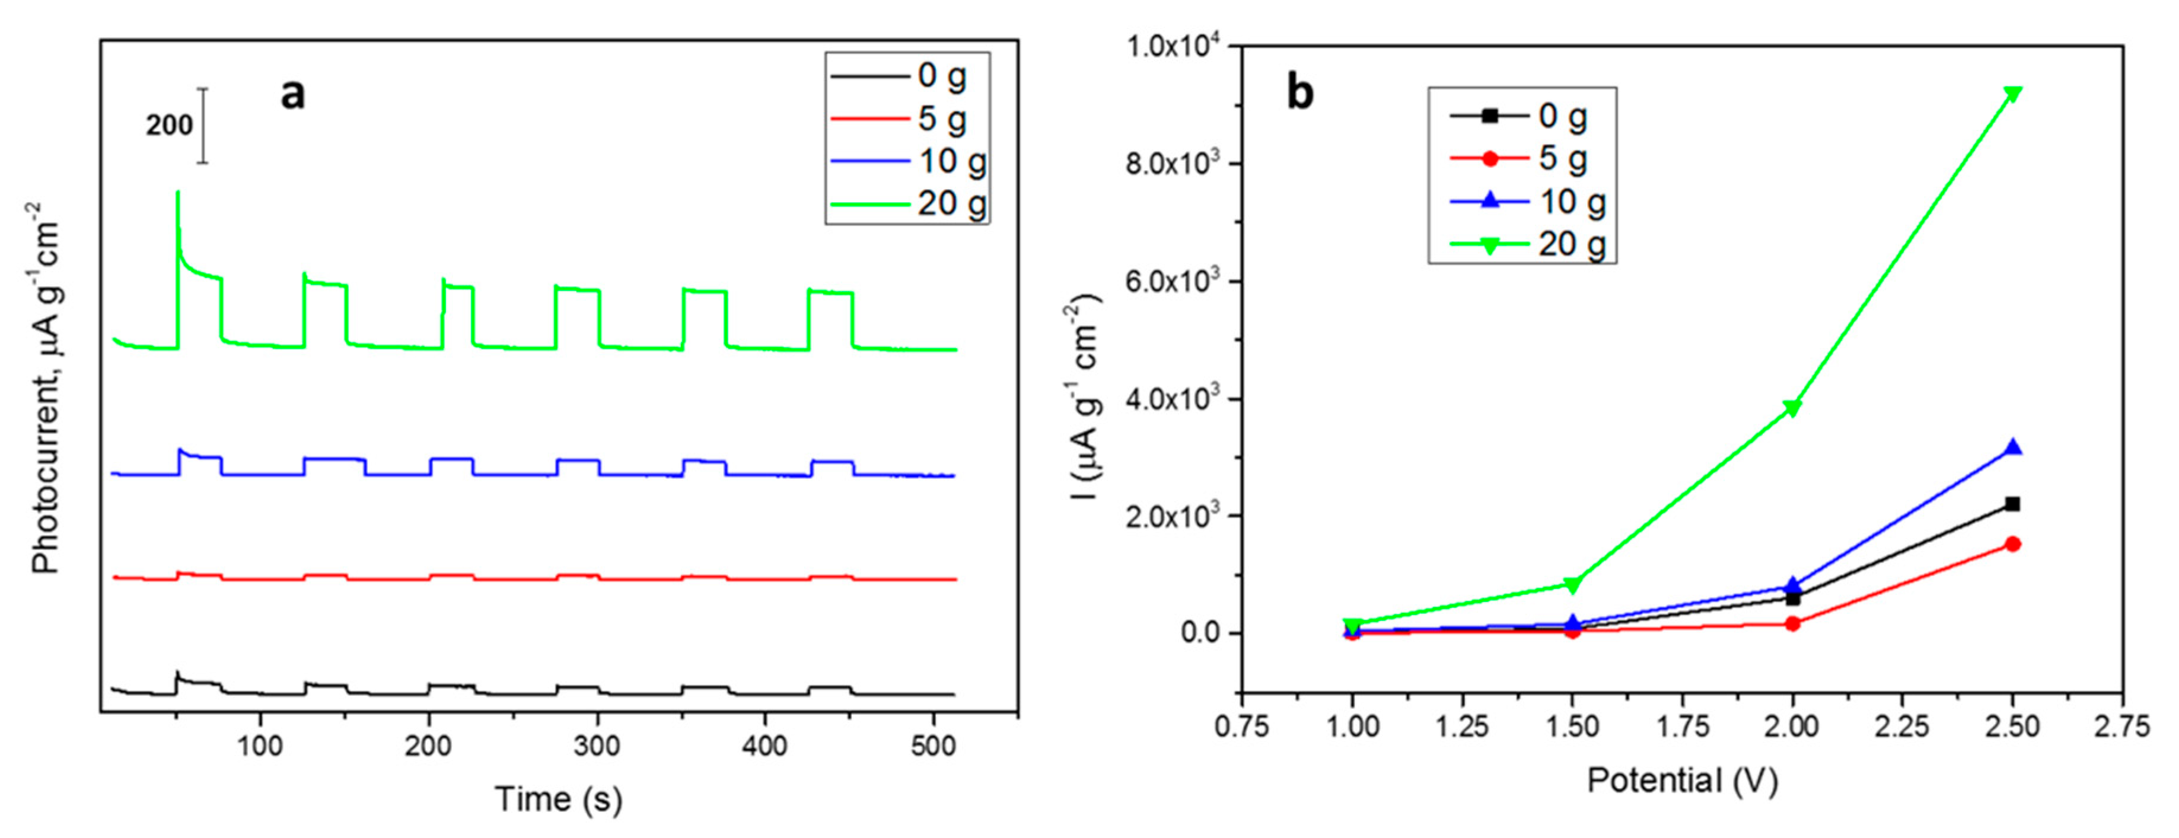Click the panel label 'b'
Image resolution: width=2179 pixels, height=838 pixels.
[x=1300, y=92]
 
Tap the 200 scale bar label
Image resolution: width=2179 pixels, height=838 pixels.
[x=169, y=125]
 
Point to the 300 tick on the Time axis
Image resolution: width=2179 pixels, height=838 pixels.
[x=597, y=746]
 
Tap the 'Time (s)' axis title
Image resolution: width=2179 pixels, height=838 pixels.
[x=558, y=798]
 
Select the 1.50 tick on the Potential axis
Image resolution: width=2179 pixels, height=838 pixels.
[x=1572, y=727]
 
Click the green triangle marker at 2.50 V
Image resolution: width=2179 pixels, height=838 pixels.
[x=2012, y=93]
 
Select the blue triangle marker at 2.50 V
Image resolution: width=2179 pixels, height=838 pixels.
[x=2012, y=448]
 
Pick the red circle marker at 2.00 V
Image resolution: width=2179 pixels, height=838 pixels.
[x=1792, y=624]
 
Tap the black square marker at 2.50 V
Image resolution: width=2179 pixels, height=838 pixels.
[x=2012, y=504]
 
